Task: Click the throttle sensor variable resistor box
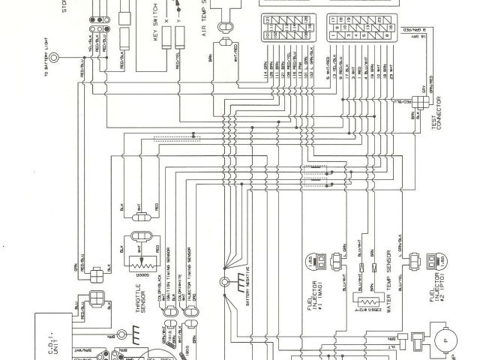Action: coord(135,262)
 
